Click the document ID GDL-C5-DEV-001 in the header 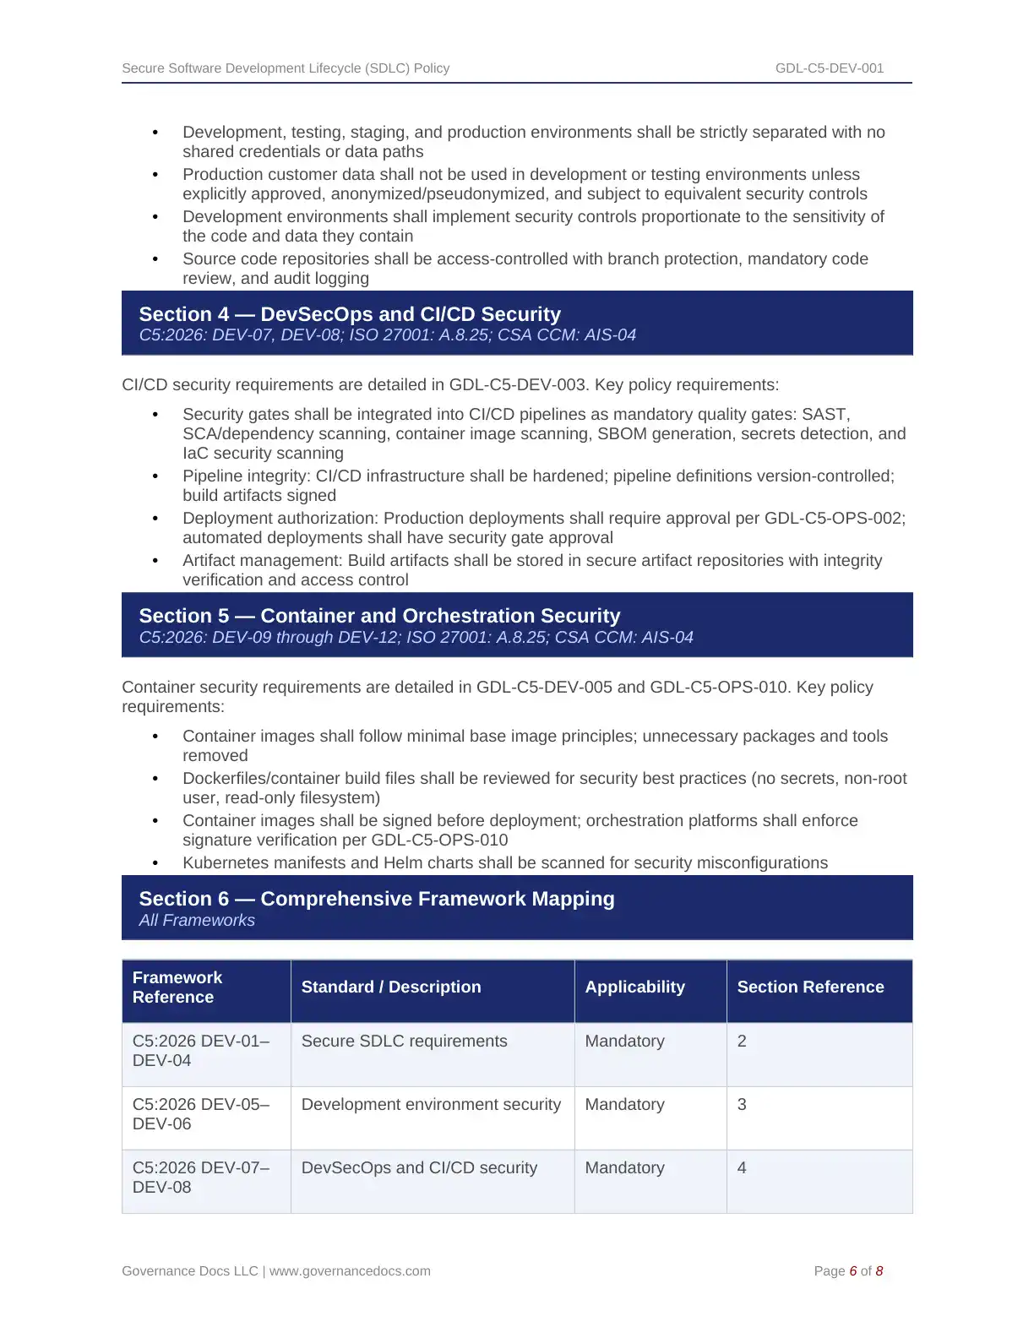point(829,68)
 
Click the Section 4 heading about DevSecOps point(350,314)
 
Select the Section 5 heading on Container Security point(379,616)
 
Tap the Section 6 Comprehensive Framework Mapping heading point(377,899)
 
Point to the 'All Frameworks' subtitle point(197,921)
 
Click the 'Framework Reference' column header point(177,987)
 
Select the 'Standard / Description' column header point(391,987)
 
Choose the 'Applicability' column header point(634,987)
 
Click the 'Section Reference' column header point(810,987)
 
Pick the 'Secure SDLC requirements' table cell point(404,1042)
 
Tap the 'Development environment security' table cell point(431,1105)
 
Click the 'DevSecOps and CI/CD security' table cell point(419,1168)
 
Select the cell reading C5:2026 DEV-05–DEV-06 point(201,1114)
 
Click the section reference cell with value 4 point(742,1168)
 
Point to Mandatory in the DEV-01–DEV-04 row point(624,1042)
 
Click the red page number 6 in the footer point(853,1271)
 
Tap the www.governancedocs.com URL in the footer point(350,1271)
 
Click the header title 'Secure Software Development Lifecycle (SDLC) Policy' point(286,68)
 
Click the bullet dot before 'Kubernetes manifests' point(155,863)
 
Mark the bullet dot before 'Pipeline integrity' point(155,476)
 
